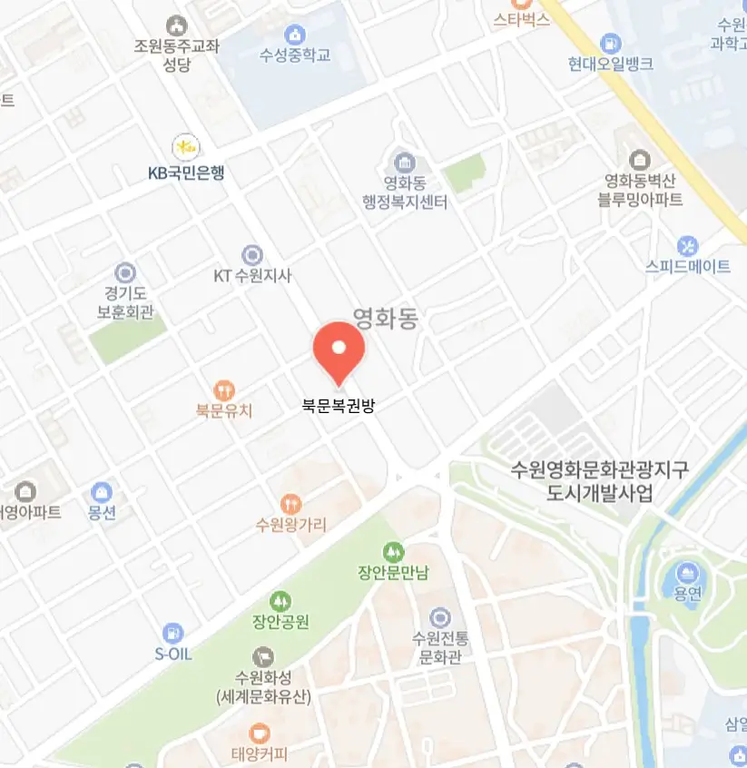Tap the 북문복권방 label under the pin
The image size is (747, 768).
click(338, 406)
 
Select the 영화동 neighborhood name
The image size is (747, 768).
click(385, 318)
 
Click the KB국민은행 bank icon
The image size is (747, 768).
click(186, 146)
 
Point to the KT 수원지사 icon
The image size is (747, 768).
click(252, 255)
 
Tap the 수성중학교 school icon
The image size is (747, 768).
click(294, 34)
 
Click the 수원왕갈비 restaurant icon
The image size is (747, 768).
click(290, 504)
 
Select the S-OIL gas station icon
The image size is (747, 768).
click(172, 633)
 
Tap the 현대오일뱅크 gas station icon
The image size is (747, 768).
click(611, 43)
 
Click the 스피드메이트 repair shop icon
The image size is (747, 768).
click(688, 245)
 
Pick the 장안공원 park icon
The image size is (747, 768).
click(281, 601)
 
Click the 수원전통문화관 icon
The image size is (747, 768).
click(440, 616)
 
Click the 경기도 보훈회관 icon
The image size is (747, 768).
click(125, 271)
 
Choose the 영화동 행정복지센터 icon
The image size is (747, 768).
click(404, 163)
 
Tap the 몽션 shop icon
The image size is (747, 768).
click(103, 492)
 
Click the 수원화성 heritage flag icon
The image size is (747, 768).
click(263, 655)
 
